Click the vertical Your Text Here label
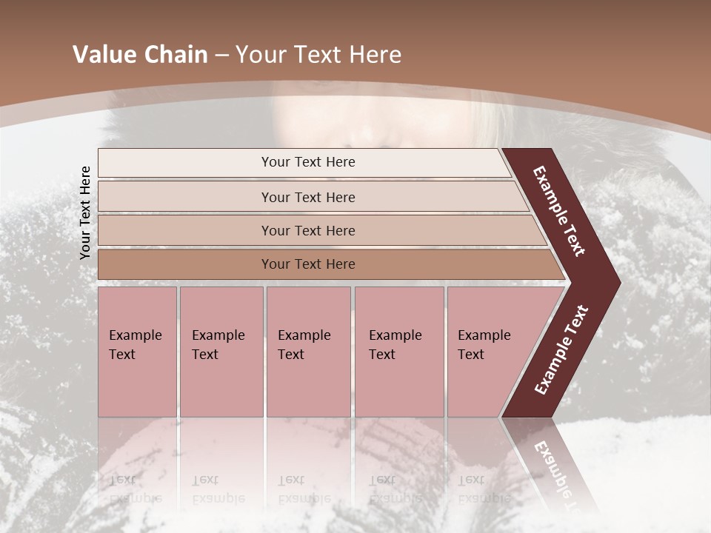(85, 212)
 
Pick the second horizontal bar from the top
(307, 197)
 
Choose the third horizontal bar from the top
(307, 230)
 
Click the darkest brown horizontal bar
(307, 264)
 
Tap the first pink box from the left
(137, 352)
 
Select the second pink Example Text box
(221, 352)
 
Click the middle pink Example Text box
(308, 352)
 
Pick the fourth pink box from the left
(398, 352)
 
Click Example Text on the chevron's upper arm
(560, 212)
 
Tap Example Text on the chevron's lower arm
(561, 350)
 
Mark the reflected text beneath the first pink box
(134, 489)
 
